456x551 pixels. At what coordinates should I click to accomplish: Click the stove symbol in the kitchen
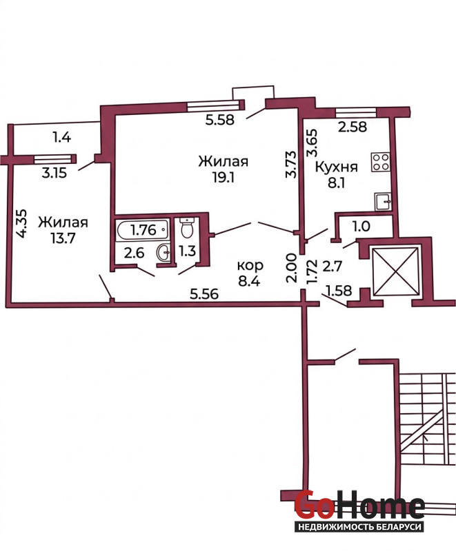380,162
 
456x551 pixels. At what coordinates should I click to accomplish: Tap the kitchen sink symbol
383,201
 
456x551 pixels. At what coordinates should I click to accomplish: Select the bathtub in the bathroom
143,230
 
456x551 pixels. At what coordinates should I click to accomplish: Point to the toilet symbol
186,227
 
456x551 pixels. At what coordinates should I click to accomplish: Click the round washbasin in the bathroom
163,251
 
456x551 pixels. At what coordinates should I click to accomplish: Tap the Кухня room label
337,167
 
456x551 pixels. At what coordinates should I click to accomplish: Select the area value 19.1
223,178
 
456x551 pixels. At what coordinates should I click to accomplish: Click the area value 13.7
63,238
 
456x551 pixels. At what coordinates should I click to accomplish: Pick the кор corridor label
250,266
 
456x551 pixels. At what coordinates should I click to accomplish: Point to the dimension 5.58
220,120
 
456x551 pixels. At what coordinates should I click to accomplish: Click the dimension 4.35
21,223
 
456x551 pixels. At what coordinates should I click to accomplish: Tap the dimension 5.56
204,293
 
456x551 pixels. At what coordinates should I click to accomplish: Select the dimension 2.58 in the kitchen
353,127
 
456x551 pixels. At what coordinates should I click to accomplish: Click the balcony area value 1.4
61,136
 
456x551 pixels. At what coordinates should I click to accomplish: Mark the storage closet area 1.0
361,227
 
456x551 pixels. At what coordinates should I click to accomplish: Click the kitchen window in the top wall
357,112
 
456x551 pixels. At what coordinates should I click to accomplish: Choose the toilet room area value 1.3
187,251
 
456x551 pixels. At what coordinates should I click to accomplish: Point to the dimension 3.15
54,173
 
